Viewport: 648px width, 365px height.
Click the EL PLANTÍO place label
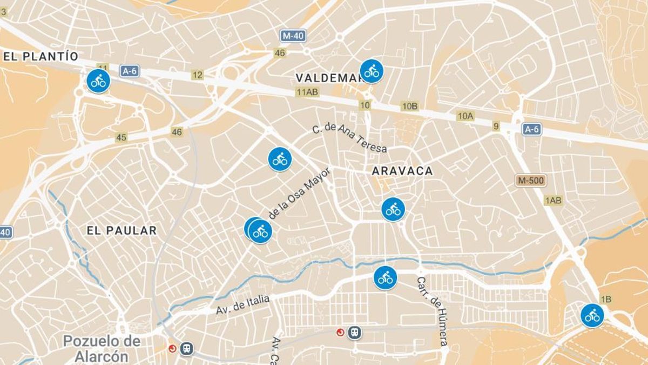click(41, 56)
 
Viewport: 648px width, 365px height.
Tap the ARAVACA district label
click(402, 171)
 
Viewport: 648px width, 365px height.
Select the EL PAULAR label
click(122, 230)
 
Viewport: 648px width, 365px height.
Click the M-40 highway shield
click(294, 36)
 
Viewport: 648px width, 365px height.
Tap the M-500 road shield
click(531, 181)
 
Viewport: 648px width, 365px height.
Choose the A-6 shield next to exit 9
click(531, 129)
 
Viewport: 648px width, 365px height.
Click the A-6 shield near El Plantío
click(130, 71)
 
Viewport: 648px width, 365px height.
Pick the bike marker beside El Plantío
click(98, 81)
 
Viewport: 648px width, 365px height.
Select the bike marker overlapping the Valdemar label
click(372, 71)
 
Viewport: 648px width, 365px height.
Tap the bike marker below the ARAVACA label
click(393, 209)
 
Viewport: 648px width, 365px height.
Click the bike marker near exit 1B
click(592, 315)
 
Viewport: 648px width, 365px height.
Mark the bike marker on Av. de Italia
click(385, 278)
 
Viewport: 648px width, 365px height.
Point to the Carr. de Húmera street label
click(432, 311)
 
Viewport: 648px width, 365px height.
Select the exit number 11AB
click(307, 92)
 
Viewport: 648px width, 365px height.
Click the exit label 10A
click(465, 116)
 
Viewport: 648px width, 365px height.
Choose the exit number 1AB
click(553, 201)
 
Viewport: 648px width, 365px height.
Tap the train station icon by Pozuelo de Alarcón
click(187, 349)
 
